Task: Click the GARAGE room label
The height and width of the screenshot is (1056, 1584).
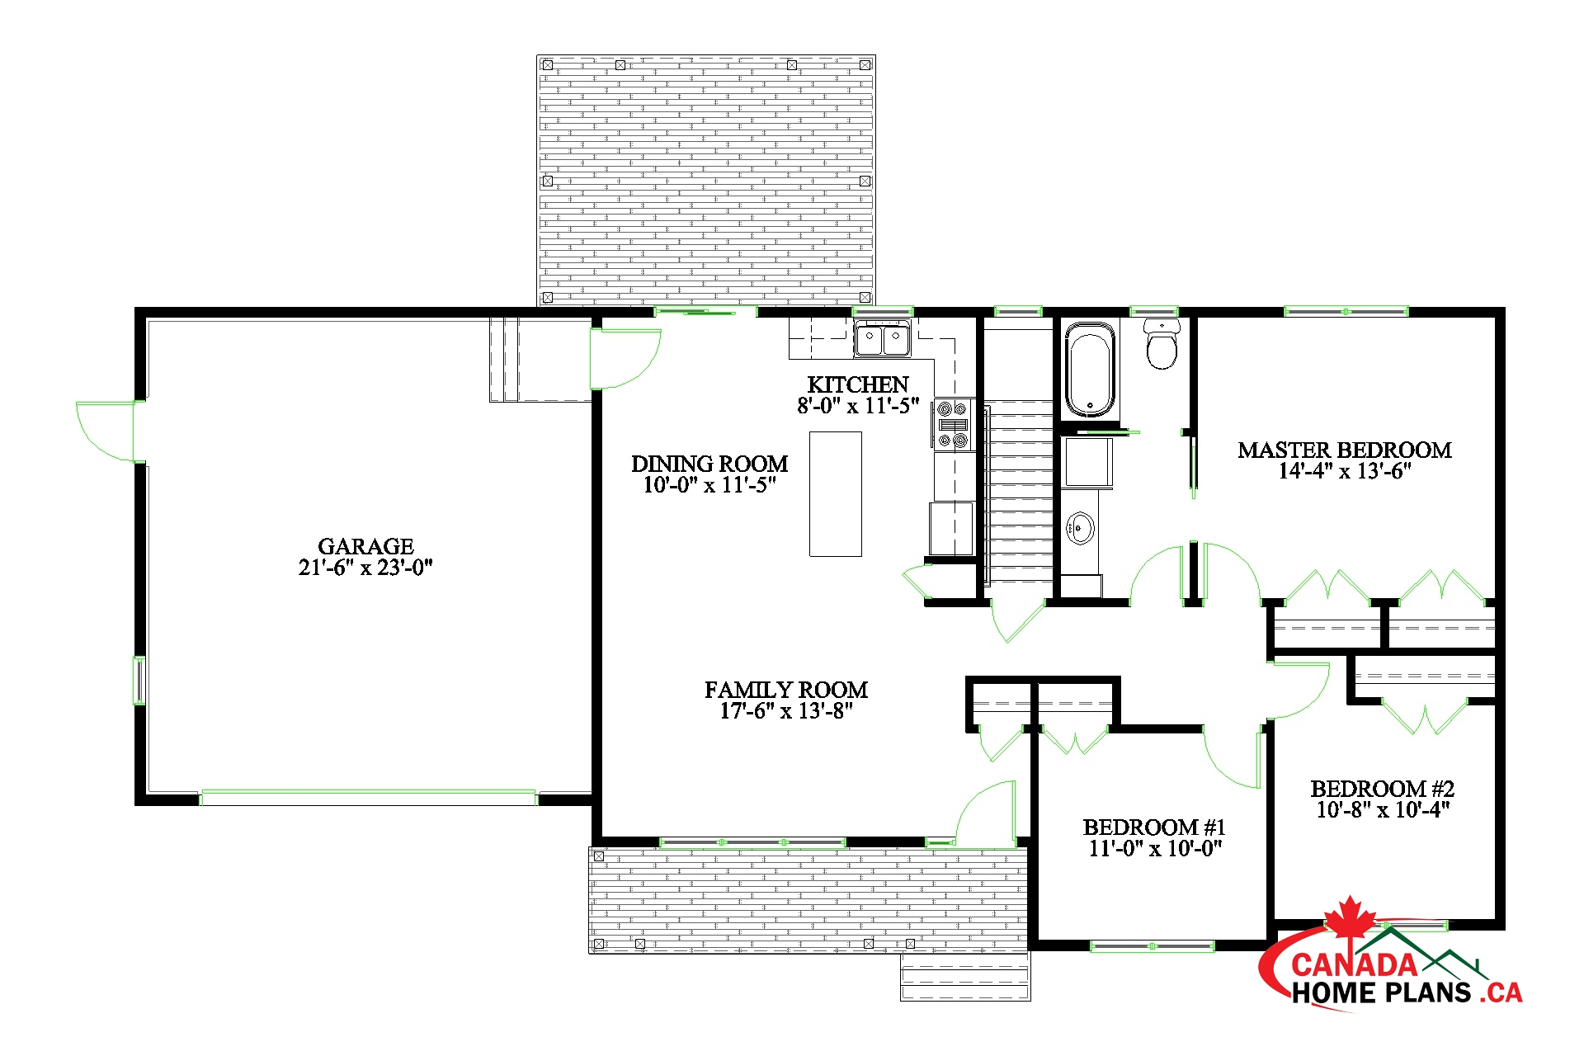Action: [365, 546]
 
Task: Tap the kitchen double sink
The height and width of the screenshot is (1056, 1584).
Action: [882, 339]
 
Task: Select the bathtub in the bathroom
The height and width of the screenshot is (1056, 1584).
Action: [1090, 370]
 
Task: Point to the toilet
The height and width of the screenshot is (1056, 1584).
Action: [1162, 343]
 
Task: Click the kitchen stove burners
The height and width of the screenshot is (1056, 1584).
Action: [953, 425]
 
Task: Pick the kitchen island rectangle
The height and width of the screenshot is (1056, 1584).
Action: [835, 494]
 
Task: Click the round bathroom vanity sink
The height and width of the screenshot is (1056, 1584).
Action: [1080, 528]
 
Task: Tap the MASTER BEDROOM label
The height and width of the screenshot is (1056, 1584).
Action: [1345, 450]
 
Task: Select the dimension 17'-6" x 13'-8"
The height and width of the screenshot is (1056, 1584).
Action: [785, 711]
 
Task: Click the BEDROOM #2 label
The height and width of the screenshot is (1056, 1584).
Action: [1382, 789]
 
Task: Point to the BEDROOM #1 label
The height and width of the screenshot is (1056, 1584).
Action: [1154, 827]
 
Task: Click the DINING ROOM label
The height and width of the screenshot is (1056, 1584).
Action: [709, 464]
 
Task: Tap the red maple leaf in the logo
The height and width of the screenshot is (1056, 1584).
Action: [1351, 917]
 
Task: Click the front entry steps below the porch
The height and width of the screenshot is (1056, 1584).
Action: [965, 977]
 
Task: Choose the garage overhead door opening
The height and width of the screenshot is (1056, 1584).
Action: [368, 798]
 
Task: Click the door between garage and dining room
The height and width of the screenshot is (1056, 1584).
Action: [625, 359]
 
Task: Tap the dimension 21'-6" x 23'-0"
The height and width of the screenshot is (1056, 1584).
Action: [365, 568]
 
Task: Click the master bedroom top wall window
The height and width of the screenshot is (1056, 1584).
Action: [1346, 311]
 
